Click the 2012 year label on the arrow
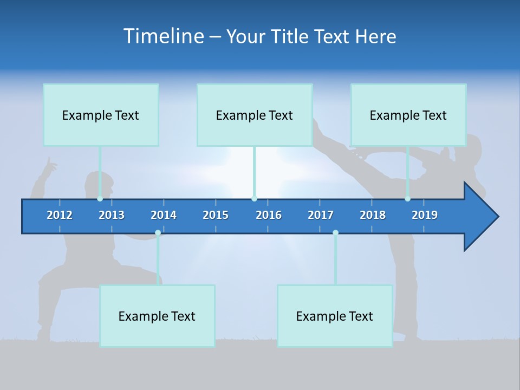(60, 215)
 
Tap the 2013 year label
(112, 215)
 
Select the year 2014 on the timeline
(164, 215)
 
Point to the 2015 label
(216, 215)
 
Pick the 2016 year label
(269, 215)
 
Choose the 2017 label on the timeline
(321, 215)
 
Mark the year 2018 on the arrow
(373, 215)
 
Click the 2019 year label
(425, 215)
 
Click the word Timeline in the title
(163, 36)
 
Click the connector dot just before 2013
(100, 199)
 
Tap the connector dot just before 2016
(254, 199)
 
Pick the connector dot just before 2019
(407, 199)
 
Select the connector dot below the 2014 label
(158, 233)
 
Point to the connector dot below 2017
(335, 233)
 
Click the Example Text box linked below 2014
(157, 316)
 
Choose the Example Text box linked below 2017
(335, 316)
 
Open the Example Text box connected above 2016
(255, 115)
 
